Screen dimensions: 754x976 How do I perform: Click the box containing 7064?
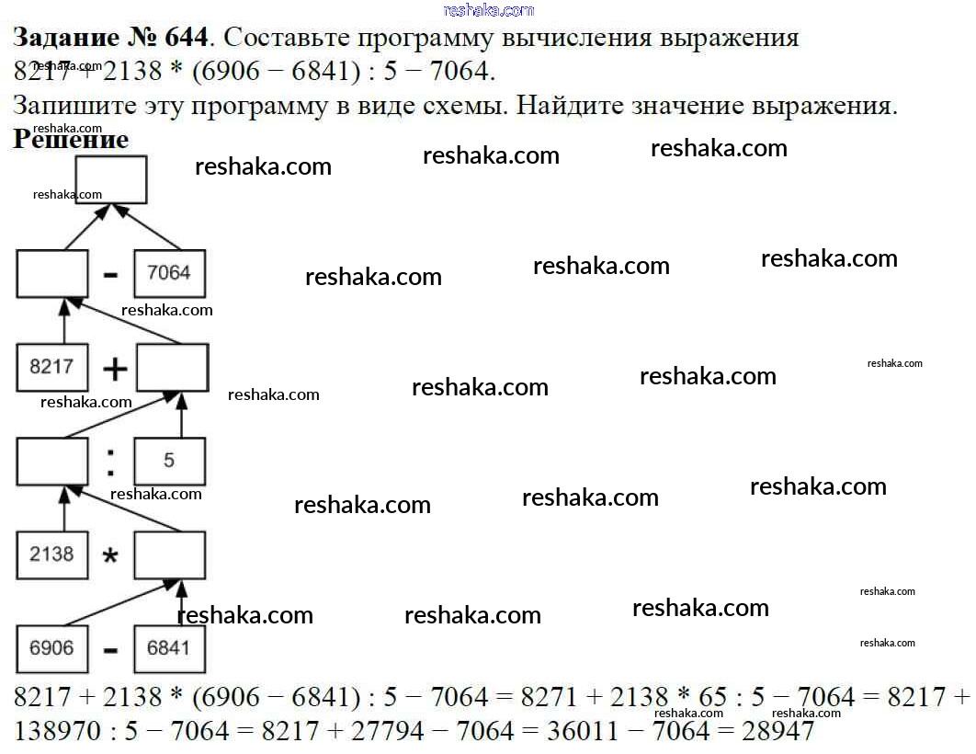coord(169,273)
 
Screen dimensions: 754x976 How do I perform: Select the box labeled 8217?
coord(51,367)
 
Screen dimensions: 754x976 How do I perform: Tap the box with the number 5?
coord(169,461)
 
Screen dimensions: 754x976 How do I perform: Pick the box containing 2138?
coord(51,554)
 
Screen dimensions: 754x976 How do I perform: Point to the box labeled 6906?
coord(51,648)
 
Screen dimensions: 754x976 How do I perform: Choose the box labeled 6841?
coord(169,648)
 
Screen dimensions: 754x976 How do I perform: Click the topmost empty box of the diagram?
coord(110,179)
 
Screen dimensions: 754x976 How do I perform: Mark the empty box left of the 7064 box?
coord(51,273)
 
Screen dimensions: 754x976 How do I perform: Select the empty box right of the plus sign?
coord(173,367)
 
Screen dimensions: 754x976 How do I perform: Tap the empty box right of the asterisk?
coord(169,554)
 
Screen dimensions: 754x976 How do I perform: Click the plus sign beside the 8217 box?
coord(114,370)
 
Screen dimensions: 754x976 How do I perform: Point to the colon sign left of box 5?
coord(110,462)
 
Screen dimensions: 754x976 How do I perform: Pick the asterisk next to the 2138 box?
coord(110,557)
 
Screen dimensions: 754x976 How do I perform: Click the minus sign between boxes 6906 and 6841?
coord(110,650)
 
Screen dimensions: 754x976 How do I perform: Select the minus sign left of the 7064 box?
coord(110,275)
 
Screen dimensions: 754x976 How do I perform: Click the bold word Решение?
coord(71,140)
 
